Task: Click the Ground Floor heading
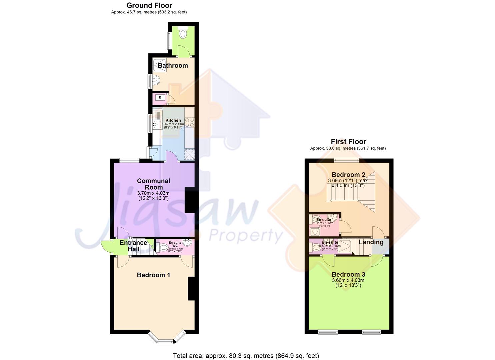click(149, 5)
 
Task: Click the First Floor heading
click(348, 142)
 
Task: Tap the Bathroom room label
click(173, 66)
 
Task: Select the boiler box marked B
click(160, 97)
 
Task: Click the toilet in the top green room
click(183, 33)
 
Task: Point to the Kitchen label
click(173, 120)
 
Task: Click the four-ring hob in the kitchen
click(189, 123)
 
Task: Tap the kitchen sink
click(157, 125)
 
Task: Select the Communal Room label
click(154, 184)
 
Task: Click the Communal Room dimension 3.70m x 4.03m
click(153, 193)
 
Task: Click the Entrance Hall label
click(133, 246)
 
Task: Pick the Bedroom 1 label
click(153, 275)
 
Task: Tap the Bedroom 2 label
click(348, 175)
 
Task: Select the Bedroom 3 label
click(348, 275)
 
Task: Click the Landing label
click(371, 242)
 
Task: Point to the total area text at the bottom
click(246, 356)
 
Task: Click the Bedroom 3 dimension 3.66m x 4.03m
click(348, 281)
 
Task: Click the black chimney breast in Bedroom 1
click(191, 289)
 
